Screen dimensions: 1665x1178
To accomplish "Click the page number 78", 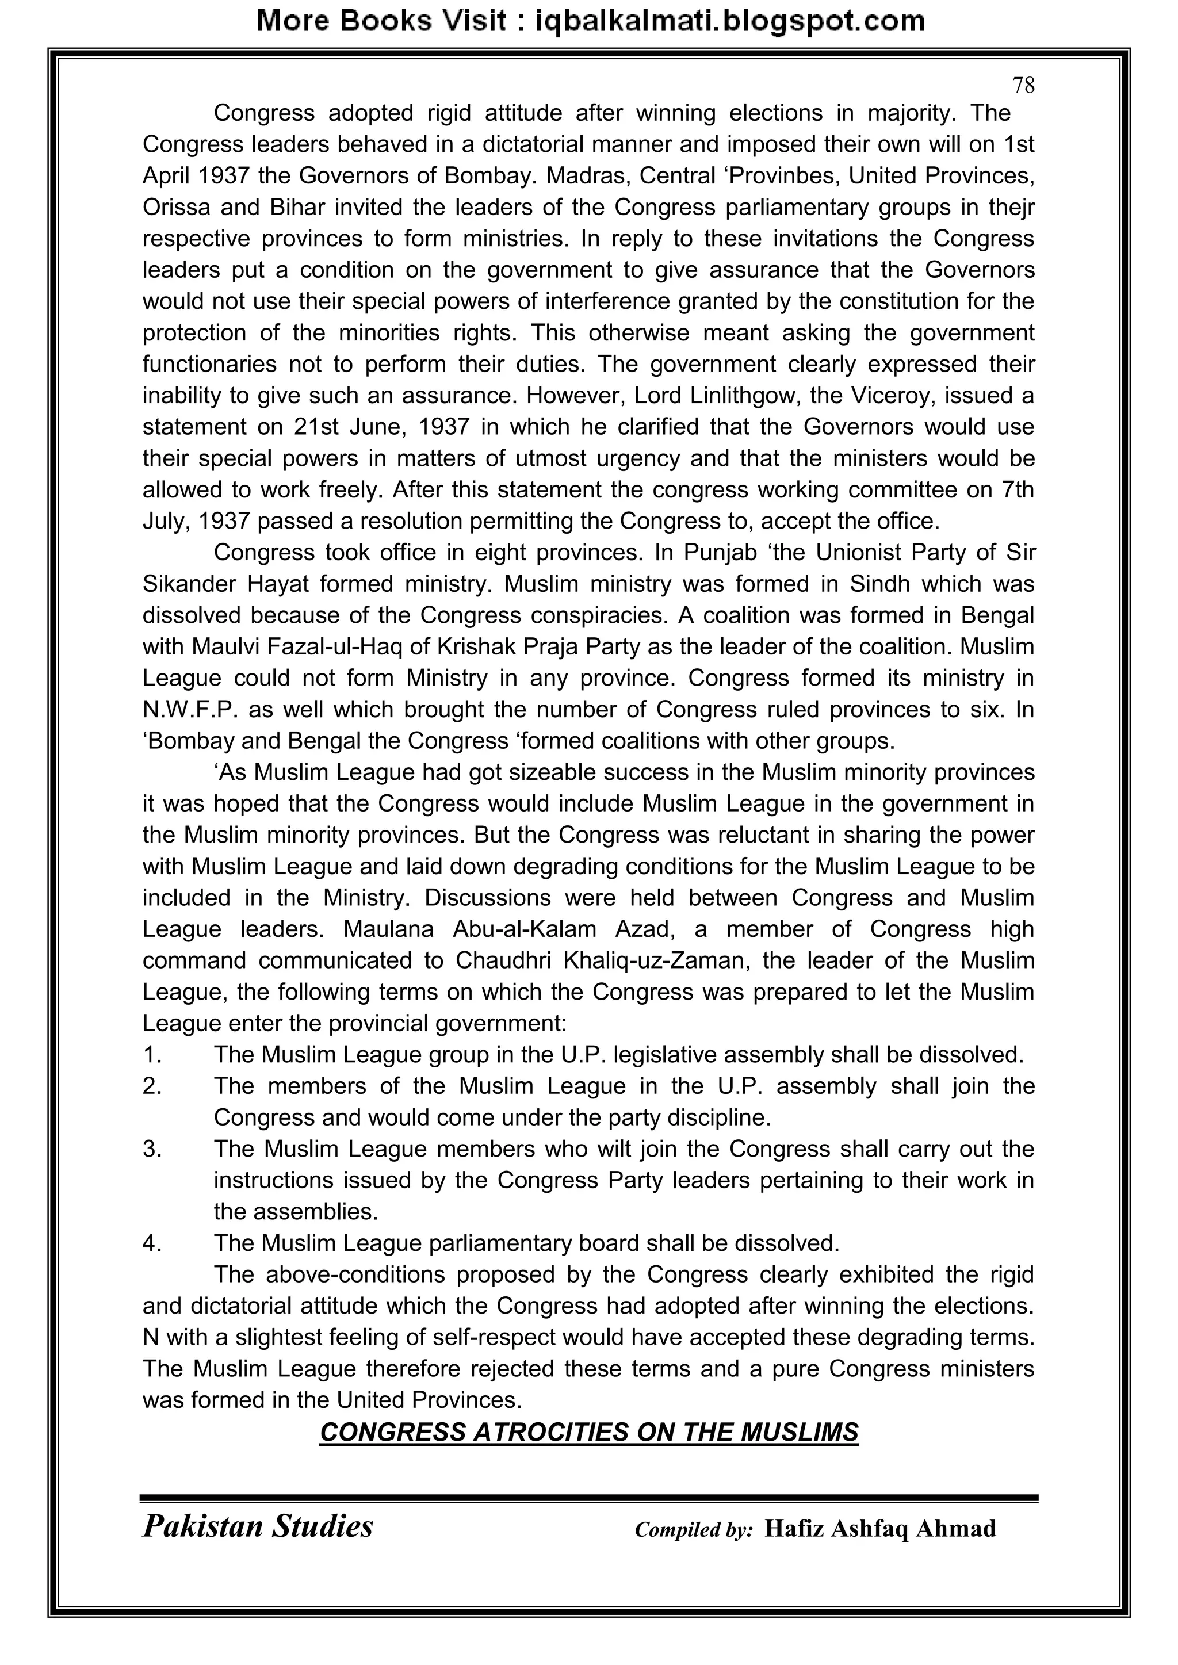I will coord(1023,86).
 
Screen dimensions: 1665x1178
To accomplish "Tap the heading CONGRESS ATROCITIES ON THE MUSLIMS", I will coord(589,1432).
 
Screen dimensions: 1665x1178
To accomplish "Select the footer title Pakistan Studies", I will coord(258,1526).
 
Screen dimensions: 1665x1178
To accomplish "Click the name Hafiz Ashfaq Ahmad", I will coord(880,1529).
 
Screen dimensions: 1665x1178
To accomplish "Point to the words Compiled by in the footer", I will coord(694,1529).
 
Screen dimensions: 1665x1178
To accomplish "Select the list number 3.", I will coord(152,1150).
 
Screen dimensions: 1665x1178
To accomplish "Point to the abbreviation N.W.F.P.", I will coord(190,709).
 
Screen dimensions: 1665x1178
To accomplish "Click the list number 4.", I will coord(152,1243).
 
